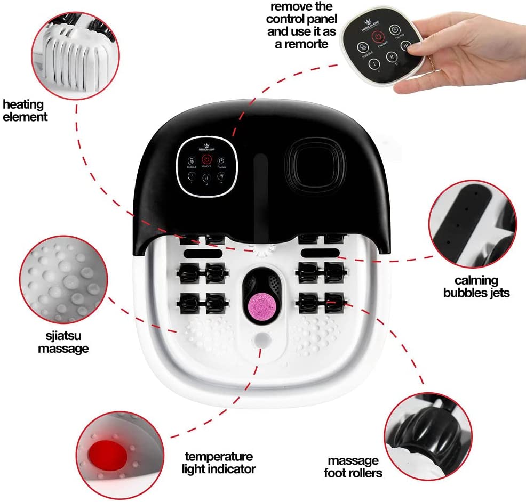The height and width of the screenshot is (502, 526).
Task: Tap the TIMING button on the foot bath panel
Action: tap(221, 163)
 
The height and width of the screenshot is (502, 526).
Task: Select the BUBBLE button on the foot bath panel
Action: tap(192, 163)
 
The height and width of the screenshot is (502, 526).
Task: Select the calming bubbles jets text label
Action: tap(482, 286)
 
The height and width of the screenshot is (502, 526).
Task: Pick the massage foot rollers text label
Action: tap(355, 466)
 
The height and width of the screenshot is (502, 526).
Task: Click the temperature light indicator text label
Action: tap(219, 463)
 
